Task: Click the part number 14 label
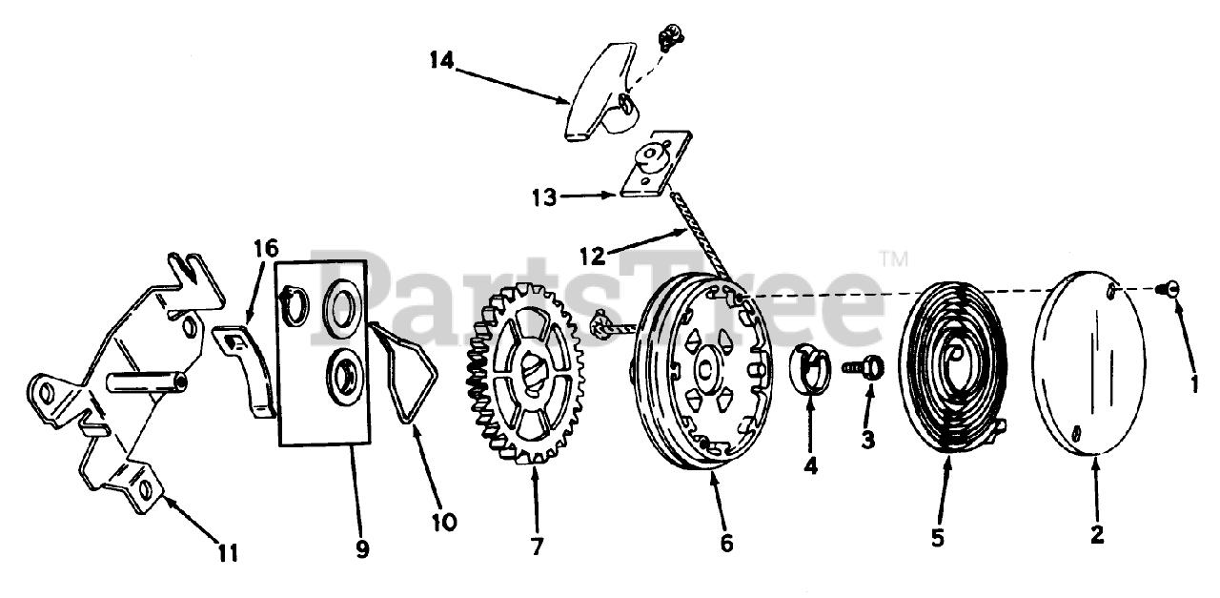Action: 441,61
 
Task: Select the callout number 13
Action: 545,197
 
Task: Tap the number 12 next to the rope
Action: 593,255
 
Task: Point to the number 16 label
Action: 265,250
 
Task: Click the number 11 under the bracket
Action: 227,552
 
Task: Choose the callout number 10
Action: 443,522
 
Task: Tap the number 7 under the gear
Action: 538,546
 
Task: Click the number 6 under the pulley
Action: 726,543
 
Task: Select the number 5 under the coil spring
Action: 938,538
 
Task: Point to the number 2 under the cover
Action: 1097,535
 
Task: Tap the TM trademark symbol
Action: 893,258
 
